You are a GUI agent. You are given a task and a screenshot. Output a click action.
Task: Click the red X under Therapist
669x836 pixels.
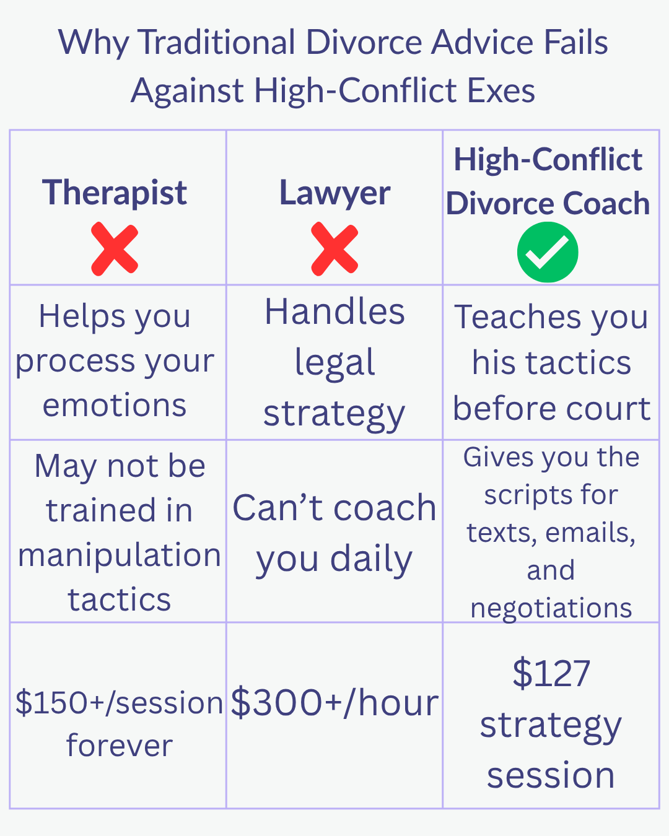(115, 250)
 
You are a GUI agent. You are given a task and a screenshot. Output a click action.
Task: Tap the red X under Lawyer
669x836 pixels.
(334, 250)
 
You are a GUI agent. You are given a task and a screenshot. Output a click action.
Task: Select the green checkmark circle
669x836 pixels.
(548, 253)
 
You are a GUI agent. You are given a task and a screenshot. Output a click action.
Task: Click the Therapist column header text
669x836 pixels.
(115, 193)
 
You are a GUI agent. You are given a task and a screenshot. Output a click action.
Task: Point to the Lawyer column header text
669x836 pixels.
(334, 193)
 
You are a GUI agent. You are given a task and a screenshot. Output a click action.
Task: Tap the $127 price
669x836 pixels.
(551, 674)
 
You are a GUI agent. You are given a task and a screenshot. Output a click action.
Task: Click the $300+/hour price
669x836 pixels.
(334, 703)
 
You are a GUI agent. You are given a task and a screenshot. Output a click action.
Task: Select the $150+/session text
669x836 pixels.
(119, 703)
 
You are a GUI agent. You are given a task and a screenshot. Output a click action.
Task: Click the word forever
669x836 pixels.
(119, 746)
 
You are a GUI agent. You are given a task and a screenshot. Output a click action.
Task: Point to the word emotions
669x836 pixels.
(115, 406)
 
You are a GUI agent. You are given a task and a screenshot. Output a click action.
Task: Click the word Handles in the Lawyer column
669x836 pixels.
(334, 311)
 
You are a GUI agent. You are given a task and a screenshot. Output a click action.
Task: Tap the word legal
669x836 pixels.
(334, 362)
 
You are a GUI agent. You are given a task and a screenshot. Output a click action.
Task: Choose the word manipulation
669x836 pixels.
(120, 555)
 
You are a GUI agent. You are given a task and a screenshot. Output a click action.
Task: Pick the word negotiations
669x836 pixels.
(551, 608)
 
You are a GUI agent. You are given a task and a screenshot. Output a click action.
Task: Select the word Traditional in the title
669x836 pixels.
(216, 43)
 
